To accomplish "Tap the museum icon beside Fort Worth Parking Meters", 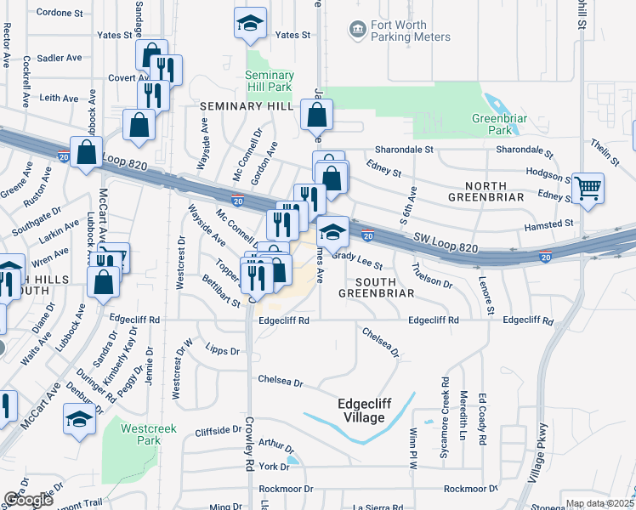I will (357, 31).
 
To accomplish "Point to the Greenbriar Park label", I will (493, 125).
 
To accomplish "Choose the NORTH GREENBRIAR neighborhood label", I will (497, 186).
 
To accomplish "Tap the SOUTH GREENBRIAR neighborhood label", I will (376, 287).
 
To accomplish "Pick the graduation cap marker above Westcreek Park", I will (80, 420).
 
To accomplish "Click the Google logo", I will (28, 501).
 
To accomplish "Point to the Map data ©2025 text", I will (600, 504).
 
